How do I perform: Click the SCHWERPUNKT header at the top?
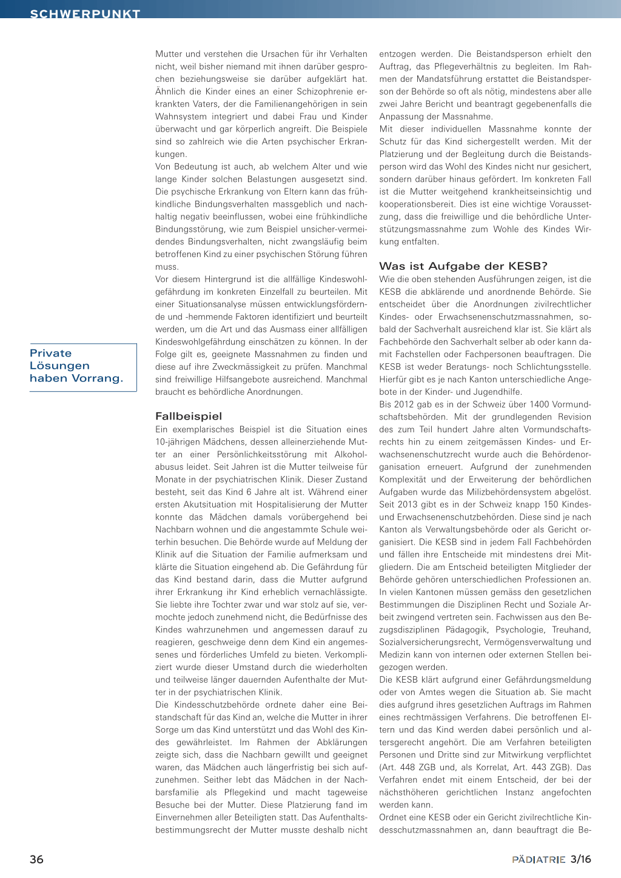85,13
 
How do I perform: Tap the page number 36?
36,859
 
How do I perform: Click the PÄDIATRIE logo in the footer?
539,860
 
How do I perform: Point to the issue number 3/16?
580,859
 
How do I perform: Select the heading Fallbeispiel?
189,416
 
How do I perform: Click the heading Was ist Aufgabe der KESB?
463,266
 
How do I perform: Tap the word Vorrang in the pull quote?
96,378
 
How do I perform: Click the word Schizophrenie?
322,92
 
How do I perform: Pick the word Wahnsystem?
181,116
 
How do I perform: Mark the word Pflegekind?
244,793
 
